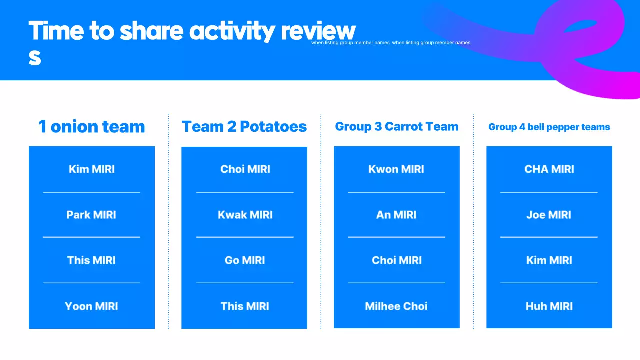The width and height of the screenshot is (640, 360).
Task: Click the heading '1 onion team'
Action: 92,127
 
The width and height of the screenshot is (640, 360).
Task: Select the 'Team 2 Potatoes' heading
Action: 244,127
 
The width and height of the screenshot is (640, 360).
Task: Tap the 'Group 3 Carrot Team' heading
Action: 397,127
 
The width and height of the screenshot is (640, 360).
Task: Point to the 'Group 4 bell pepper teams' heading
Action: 549,127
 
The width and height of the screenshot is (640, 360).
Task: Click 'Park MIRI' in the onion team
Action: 91,215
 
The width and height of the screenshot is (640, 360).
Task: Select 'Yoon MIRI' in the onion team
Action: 91,306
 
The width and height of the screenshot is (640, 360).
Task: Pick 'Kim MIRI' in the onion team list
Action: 92,169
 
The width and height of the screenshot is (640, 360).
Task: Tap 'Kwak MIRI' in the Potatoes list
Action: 245,215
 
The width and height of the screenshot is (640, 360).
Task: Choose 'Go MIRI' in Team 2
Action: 245,260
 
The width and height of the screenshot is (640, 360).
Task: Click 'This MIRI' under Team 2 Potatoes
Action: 245,306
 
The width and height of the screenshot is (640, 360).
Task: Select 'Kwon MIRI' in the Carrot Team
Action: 396,169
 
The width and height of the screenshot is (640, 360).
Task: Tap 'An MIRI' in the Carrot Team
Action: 396,215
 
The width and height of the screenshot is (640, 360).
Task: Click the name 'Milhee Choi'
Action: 396,306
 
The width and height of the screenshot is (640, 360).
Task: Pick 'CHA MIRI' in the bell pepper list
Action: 549,169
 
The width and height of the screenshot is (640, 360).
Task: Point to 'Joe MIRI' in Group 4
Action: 549,215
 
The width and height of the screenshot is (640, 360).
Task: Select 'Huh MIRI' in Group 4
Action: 549,306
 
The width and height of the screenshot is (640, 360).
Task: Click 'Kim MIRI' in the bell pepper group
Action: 549,260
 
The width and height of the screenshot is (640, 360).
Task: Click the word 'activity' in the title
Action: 232,31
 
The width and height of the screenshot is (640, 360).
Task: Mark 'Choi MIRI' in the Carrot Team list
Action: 397,260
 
